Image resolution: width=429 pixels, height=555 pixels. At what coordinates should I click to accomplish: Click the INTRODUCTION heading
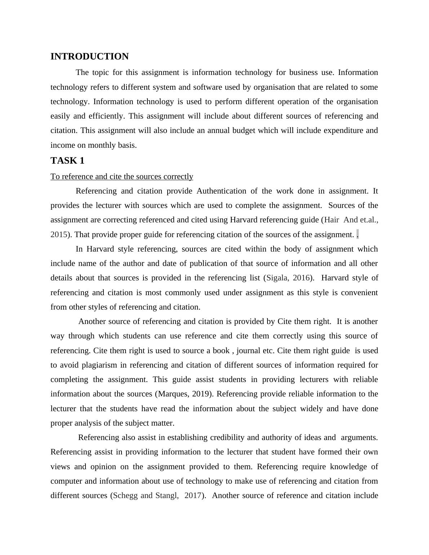click(x=89, y=57)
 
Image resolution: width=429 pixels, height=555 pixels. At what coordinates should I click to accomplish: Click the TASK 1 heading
click(x=67, y=161)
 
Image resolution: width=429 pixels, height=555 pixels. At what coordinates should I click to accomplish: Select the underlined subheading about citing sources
click(x=122, y=177)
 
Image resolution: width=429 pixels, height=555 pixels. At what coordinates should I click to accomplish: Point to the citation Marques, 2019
click(x=183, y=394)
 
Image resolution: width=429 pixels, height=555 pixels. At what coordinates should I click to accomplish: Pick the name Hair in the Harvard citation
click(x=332, y=220)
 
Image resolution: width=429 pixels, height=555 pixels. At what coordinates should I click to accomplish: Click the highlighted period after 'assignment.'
click(x=357, y=235)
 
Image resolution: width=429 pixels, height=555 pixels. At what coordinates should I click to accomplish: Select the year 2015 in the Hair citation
click(x=58, y=235)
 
